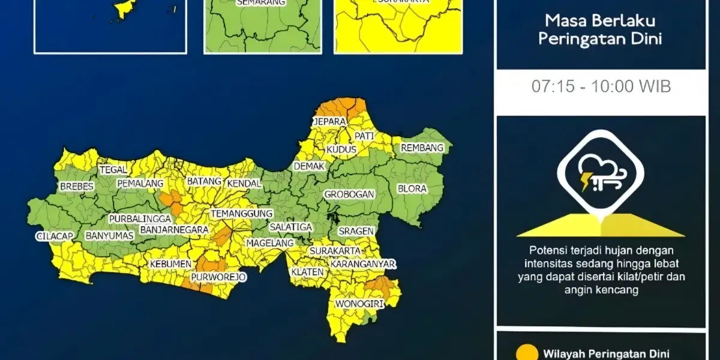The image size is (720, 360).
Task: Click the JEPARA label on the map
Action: tap(329, 122)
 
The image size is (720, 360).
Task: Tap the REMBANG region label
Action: tap(422, 148)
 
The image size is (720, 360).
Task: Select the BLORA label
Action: tap(412, 188)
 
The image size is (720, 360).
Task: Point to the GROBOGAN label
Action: tap(349, 194)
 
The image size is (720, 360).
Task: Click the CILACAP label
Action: tap(54, 236)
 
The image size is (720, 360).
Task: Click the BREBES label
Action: tap(77, 187)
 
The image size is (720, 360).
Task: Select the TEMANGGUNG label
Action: tap(241, 213)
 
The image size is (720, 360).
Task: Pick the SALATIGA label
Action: tap(290, 227)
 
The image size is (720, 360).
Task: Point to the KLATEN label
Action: tap(307, 272)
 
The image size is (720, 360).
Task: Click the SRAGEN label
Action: tap(356, 231)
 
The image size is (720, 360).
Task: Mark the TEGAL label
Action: tap(113, 170)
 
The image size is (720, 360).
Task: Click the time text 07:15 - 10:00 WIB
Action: tap(601, 86)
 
